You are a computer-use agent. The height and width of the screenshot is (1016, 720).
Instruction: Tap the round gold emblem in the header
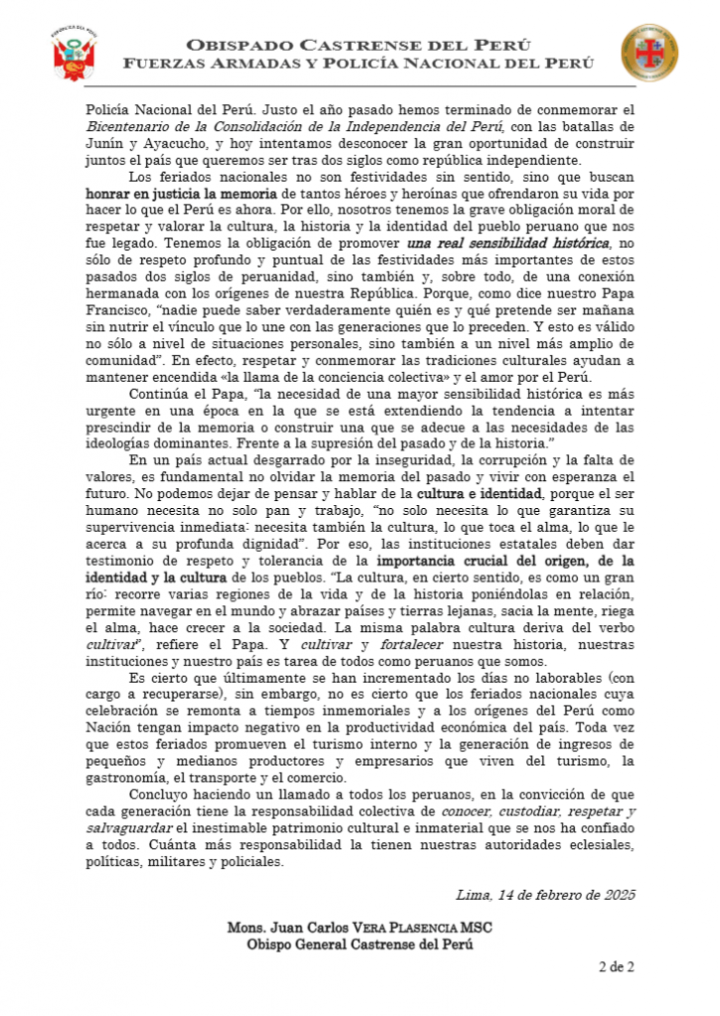click(x=650, y=54)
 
